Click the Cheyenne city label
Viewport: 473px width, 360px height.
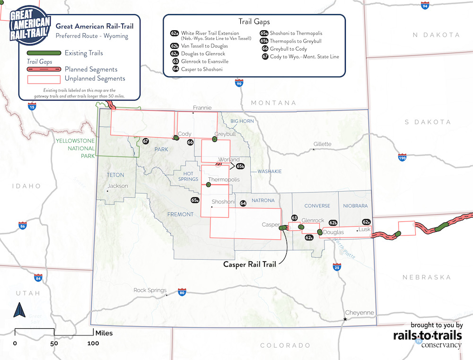tap(360, 313)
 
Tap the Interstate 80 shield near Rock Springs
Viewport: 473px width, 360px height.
tap(182, 292)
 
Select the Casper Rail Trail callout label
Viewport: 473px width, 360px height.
tap(249, 264)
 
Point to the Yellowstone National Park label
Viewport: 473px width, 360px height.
tap(75, 148)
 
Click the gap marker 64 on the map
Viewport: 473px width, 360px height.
tap(243, 203)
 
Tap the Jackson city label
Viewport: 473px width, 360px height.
tap(117, 186)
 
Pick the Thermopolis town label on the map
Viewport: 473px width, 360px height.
tap(224, 180)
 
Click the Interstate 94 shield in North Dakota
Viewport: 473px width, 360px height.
tap(425, 6)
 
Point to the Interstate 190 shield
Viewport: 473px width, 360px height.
tap(402, 157)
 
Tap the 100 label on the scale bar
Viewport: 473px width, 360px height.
tap(93, 343)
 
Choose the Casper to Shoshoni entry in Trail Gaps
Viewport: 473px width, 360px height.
tap(201, 69)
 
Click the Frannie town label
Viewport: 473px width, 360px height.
tap(202, 108)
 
